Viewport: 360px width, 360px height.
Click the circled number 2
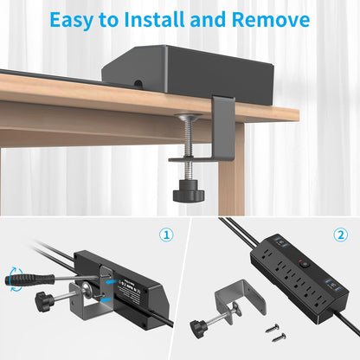(339, 235)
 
